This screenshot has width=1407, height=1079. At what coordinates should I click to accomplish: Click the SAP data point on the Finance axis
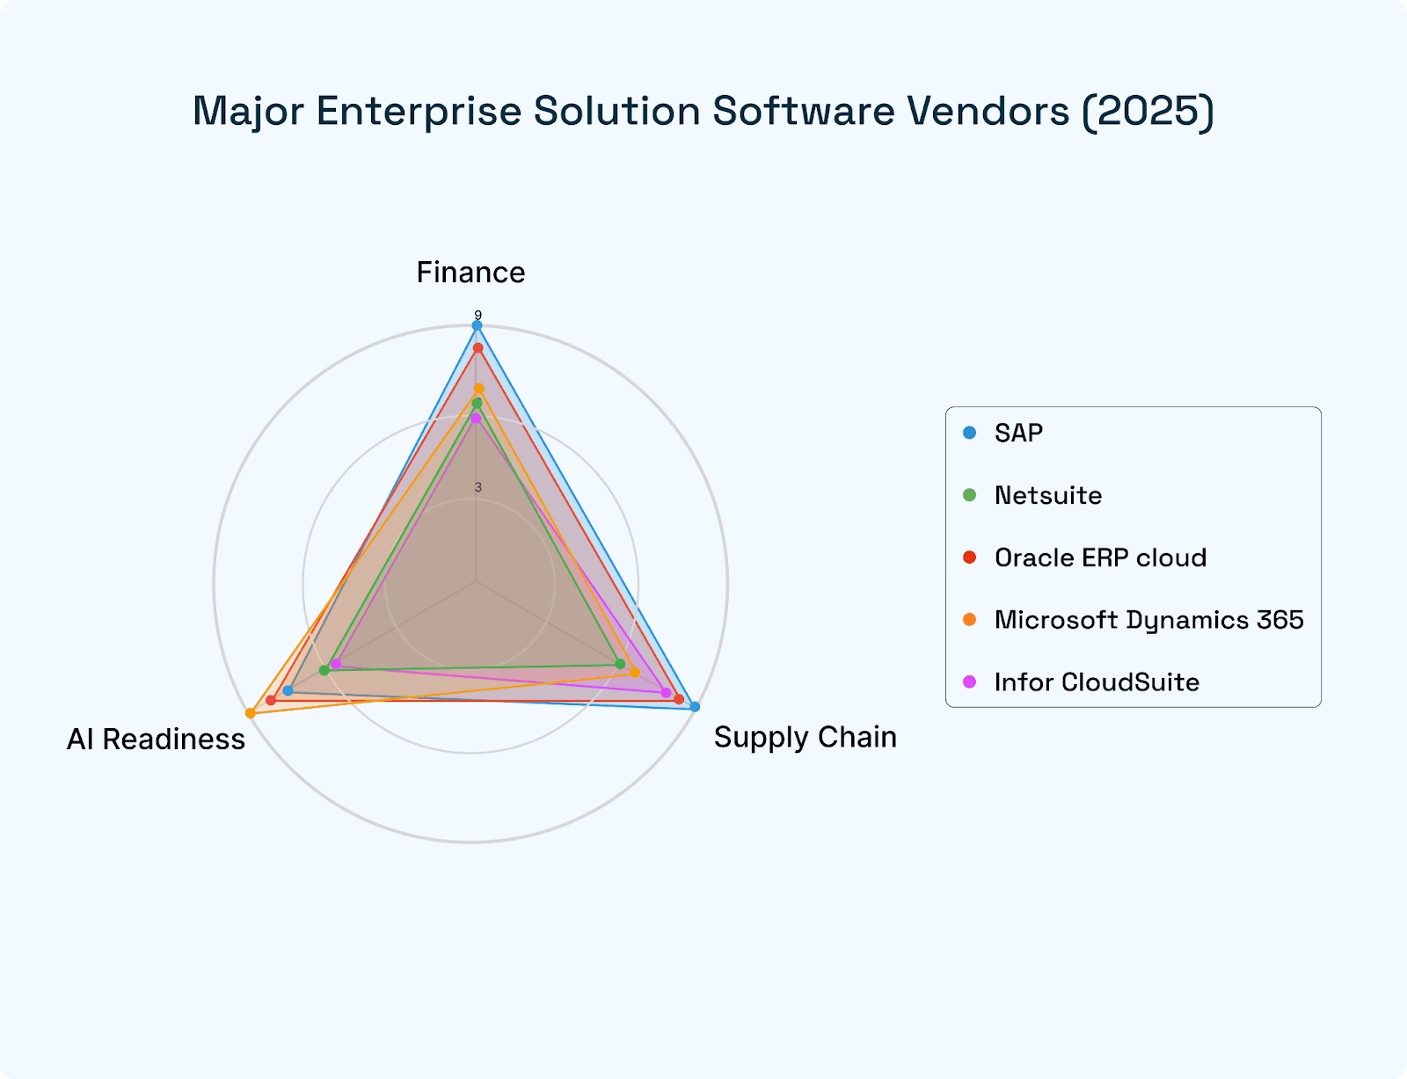point(478,326)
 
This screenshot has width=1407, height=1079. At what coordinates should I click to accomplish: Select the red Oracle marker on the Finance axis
point(478,348)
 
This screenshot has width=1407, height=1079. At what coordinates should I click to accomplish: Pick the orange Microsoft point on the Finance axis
point(479,389)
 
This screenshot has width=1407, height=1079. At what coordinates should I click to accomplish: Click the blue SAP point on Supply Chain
point(695,707)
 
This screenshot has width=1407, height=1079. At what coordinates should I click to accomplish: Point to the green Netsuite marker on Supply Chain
point(620,664)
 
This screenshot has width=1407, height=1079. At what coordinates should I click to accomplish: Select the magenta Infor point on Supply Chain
point(666,692)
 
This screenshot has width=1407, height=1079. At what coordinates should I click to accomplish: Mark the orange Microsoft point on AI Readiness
point(251,712)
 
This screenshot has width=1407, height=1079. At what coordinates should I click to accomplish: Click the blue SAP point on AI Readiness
point(288,690)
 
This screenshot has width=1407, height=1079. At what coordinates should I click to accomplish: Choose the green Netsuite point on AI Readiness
point(324,670)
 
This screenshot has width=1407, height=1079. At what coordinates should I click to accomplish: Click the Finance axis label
point(470,273)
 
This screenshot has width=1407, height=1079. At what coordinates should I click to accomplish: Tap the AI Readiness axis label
point(156,740)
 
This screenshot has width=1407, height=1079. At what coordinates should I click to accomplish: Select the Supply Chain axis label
point(805,737)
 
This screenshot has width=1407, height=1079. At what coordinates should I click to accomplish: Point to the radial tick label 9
point(478,315)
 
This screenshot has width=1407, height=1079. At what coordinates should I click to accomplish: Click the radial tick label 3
point(478,487)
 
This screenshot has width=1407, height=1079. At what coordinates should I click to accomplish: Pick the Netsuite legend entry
point(1048,496)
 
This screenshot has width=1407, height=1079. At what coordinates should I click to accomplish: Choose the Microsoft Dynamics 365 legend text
point(1148,620)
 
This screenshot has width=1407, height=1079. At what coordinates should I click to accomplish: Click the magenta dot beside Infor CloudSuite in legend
point(970,682)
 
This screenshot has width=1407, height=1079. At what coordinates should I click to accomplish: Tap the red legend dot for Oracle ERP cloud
point(970,558)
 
